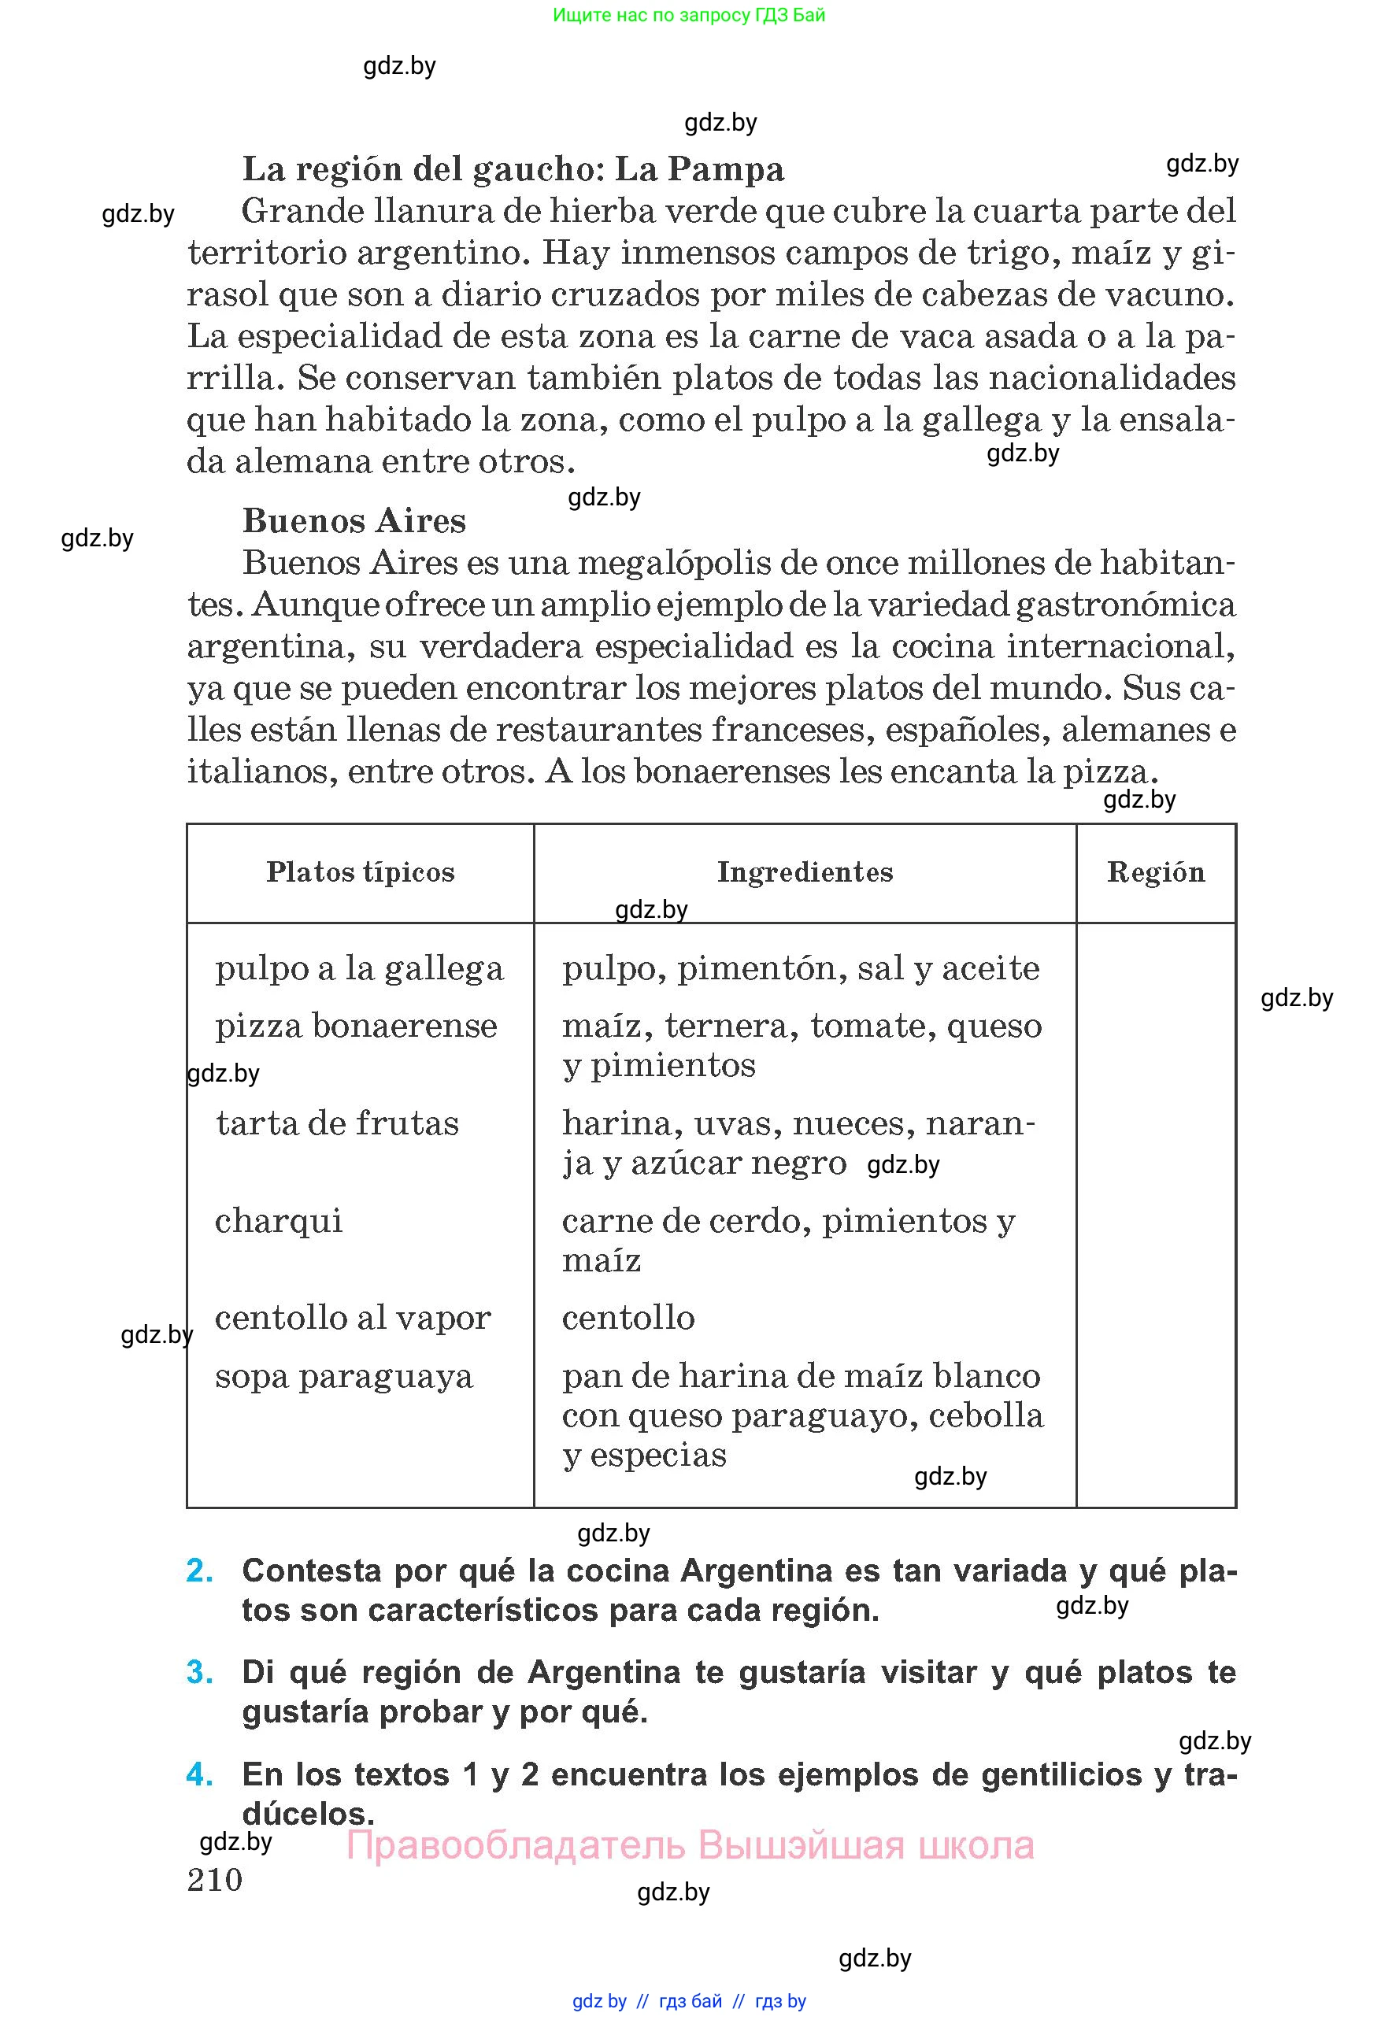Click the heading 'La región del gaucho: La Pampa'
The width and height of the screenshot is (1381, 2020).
[513, 169]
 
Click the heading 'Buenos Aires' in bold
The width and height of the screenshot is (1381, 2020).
[354, 520]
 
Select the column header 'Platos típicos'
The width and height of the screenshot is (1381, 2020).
[360, 871]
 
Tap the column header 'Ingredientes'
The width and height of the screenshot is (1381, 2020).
[805, 871]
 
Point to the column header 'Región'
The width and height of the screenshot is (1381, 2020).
[1155, 871]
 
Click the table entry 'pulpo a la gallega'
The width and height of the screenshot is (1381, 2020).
[359, 968]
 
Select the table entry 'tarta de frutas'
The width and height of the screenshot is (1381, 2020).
[337, 1123]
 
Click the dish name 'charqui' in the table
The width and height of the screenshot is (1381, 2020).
[278, 1220]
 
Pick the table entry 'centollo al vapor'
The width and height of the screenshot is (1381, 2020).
[353, 1318]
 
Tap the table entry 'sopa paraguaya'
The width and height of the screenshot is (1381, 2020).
[343, 1376]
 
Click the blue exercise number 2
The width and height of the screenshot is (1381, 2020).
[200, 1570]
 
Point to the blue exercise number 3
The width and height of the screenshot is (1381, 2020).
[200, 1672]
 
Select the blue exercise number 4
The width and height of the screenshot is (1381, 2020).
[200, 1774]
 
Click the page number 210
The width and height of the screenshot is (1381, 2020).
[215, 1879]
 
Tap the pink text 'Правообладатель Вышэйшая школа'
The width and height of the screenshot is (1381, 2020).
[690, 1844]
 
